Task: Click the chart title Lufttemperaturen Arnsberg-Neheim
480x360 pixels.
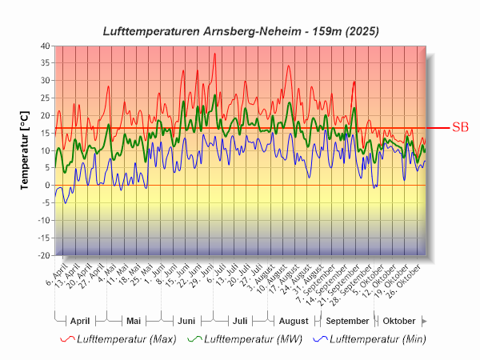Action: coord(241,31)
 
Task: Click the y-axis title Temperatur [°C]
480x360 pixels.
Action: coord(25,150)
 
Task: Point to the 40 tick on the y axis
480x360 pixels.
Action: coord(45,46)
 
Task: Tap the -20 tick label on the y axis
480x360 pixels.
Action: coord(43,255)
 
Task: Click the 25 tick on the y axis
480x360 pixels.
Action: coord(45,98)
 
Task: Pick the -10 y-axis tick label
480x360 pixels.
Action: coord(43,221)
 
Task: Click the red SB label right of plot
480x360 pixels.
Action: coord(460,127)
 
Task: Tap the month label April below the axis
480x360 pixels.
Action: coord(80,320)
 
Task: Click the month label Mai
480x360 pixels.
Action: coord(134,320)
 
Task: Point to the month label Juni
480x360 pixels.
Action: coord(186,320)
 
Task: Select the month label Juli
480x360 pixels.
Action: coord(240,320)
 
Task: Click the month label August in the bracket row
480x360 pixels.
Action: coord(294,320)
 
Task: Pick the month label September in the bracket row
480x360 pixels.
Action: coord(347,320)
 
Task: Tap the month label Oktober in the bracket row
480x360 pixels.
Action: coord(399,320)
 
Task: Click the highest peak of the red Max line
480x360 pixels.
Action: coord(214,54)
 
